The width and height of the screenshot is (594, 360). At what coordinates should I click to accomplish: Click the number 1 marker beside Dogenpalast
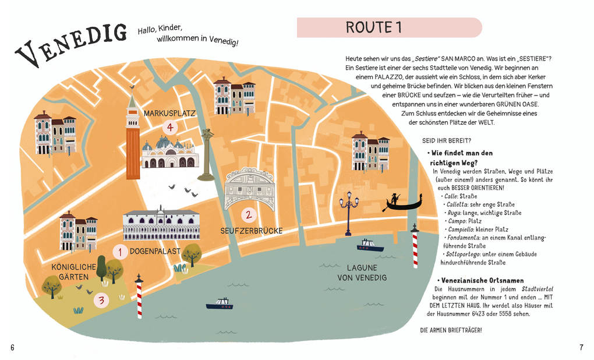pos(120,252)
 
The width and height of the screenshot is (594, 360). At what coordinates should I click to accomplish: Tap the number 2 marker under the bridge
pos(248,215)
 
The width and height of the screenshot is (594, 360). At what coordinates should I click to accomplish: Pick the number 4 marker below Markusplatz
pos(169,126)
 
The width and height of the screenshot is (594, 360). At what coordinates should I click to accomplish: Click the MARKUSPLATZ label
pos(169,113)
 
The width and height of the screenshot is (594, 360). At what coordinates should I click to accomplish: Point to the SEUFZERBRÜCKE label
pos(251,231)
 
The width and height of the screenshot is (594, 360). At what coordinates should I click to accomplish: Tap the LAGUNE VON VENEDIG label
pos(362,273)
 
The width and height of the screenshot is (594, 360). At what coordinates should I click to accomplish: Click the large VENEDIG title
pos(71,43)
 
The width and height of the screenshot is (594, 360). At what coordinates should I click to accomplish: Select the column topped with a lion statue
pos(206,155)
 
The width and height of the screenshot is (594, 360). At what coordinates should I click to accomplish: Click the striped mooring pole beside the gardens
pos(139,297)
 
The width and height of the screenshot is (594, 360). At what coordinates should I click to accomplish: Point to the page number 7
pos(581,348)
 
